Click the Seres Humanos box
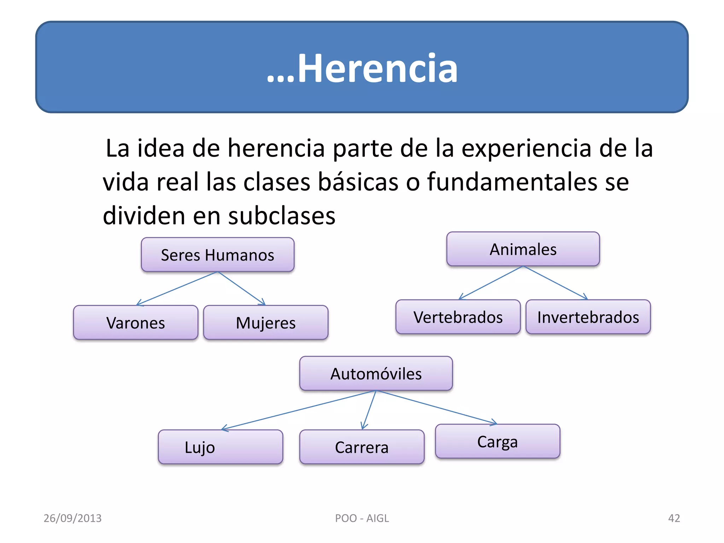point(217,255)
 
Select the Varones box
point(135,323)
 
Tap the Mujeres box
point(265,323)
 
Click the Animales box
point(523,249)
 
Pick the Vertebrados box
point(458,317)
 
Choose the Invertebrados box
point(588,317)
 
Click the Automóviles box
point(376,374)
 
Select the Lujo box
point(220,447)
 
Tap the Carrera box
point(362,447)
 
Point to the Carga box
point(497,442)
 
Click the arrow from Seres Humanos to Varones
point(177,288)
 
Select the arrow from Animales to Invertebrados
point(555,283)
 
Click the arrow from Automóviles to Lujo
point(299,410)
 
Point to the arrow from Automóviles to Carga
point(437,407)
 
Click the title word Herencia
point(377,68)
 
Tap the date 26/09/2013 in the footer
point(72,518)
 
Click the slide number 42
point(674,518)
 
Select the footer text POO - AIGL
point(362,518)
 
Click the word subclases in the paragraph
point(281,216)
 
